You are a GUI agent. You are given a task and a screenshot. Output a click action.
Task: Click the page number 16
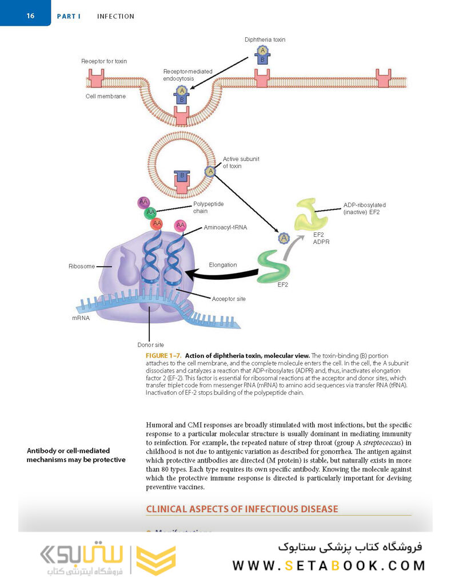click(30, 15)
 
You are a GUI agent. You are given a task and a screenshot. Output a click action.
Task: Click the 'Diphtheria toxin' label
click(265, 39)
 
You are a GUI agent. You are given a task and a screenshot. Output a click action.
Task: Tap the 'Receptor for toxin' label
click(104, 61)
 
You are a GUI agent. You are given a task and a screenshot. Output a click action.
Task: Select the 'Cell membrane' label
click(106, 96)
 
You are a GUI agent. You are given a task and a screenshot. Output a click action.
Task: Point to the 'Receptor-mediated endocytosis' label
click(187, 75)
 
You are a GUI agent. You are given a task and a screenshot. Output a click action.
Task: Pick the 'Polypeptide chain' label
click(208, 207)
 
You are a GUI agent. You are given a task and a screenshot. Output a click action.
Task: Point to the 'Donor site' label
click(150, 345)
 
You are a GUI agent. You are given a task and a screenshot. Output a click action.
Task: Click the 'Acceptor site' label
click(229, 299)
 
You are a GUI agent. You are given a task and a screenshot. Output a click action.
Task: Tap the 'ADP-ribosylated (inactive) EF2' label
click(365, 208)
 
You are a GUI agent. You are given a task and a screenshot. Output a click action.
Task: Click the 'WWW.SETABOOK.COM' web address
click(329, 565)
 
